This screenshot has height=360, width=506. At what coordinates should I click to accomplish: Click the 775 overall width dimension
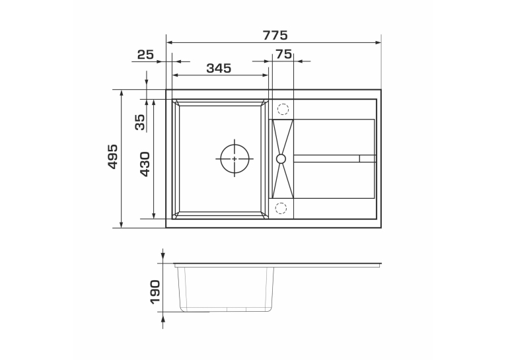point(275,35)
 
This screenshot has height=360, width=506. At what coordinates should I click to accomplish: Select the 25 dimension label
point(145,55)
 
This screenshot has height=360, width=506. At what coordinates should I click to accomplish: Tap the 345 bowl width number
point(219,68)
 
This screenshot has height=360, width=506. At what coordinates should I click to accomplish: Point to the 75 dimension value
point(283,54)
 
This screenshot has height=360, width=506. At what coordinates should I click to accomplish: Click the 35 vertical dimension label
point(140,122)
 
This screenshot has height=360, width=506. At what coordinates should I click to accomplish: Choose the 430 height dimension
point(145,164)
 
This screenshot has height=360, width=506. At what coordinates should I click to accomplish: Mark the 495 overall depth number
point(112,157)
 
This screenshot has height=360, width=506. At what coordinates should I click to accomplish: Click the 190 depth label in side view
point(155,291)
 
